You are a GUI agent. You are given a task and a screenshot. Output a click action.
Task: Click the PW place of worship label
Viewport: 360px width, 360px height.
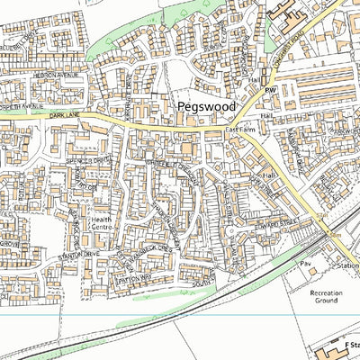tap(267, 92)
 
